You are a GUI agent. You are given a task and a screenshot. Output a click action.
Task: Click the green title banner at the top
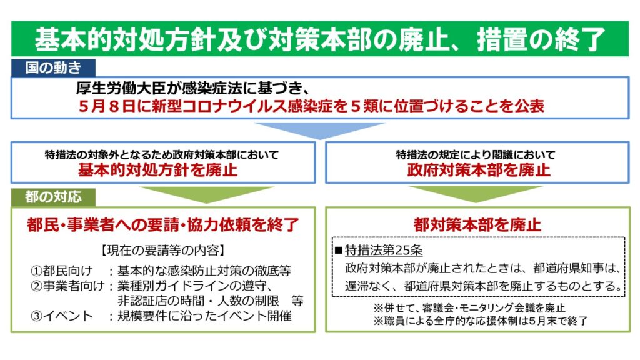[320, 39]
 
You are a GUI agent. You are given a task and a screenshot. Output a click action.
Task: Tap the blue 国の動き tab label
[54, 67]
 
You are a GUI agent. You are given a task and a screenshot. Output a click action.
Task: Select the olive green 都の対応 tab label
[54, 197]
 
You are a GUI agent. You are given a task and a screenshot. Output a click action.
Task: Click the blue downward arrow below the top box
[320, 130]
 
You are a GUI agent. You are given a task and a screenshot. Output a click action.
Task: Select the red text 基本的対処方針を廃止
[157, 170]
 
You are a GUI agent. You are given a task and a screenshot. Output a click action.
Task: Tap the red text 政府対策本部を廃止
[479, 170]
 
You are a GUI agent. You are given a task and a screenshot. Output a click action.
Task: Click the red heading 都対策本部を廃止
[477, 225]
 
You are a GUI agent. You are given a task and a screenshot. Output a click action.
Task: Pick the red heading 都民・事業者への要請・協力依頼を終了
[163, 225]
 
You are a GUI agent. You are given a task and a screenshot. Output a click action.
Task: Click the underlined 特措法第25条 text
[384, 250]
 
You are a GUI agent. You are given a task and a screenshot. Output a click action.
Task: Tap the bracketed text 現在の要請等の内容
[162, 250]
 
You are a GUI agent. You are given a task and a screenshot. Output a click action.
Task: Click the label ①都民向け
[61, 271]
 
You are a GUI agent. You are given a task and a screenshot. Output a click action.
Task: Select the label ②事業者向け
[67, 286]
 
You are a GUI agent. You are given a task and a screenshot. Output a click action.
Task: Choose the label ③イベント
[61, 316]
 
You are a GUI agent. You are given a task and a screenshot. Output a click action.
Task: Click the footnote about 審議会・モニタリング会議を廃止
[469, 307]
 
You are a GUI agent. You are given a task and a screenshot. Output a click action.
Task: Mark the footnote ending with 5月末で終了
[481, 321]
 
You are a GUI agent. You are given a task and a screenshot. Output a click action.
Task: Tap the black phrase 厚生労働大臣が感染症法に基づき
[190, 87]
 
